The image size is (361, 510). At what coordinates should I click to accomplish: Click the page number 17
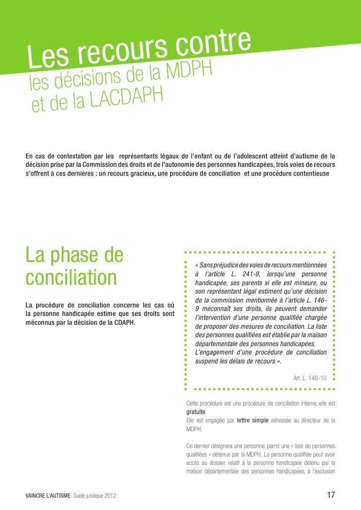click(x=331, y=495)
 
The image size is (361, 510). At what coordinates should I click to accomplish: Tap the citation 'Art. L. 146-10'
click(x=310, y=378)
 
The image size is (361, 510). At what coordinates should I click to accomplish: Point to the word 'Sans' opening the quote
click(x=208, y=265)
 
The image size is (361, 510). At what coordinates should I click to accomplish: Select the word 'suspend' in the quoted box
click(x=207, y=361)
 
